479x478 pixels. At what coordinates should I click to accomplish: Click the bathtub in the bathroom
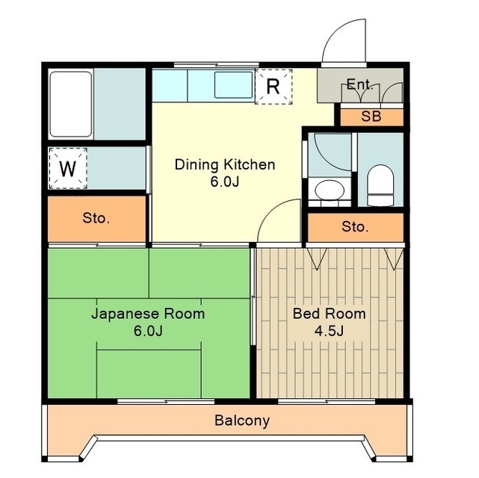71,104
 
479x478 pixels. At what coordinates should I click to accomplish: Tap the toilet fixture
380,185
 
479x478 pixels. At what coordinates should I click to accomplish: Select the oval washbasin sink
330,190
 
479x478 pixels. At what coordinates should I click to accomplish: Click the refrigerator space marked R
274,87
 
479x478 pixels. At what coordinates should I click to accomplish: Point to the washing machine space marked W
68,169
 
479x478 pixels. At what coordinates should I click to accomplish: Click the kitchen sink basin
233,85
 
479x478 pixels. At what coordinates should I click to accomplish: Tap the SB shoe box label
371,117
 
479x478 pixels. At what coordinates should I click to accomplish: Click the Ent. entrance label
360,84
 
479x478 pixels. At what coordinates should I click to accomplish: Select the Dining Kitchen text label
225,164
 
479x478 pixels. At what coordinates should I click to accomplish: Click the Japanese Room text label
148,314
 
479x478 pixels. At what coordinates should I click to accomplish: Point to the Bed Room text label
330,314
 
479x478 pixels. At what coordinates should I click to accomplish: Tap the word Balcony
242,420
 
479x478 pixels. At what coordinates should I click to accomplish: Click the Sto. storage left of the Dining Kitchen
96,219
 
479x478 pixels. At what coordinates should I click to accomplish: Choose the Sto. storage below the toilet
356,227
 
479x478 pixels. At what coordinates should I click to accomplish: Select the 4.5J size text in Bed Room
330,331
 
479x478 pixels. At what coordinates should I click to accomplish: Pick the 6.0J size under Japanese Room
148,331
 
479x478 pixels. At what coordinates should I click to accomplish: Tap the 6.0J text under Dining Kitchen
225,182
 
